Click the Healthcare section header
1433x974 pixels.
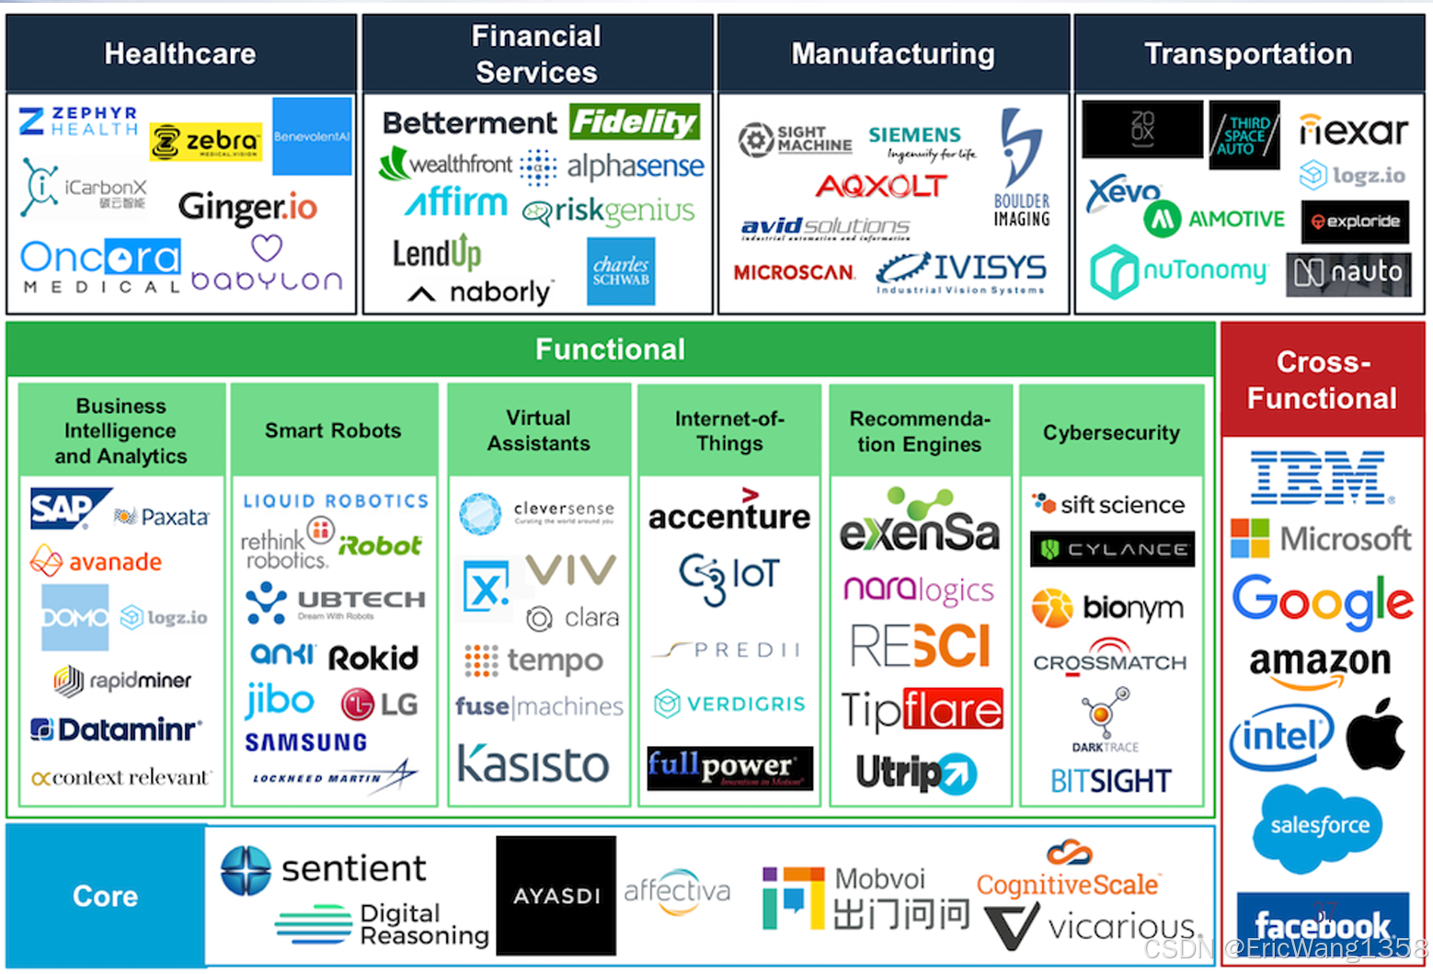tap(180, 53)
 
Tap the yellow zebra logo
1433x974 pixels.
tap(206, 142)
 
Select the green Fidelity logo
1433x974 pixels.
tap(635, 121)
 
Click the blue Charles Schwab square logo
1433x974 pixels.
tap(621, 271)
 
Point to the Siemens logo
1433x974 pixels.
tap(915, 135)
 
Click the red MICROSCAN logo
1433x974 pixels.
tap(794, 272)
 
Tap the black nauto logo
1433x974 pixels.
tap(1348, 273)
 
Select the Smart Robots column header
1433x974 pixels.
tap(333, 430)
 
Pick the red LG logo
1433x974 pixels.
tap(379, 705)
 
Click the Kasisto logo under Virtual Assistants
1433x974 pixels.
tap(533, 764)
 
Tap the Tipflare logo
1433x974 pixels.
tap(922, 709)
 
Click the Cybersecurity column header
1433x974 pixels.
tap(1111, 432)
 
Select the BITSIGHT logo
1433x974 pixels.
tap(1111, 782)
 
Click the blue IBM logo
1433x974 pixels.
tap(1319, 476)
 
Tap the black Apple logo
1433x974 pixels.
tap(1375, 734)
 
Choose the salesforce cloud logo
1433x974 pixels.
tap(1319, 826)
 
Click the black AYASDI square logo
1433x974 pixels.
tap(556, 895)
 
